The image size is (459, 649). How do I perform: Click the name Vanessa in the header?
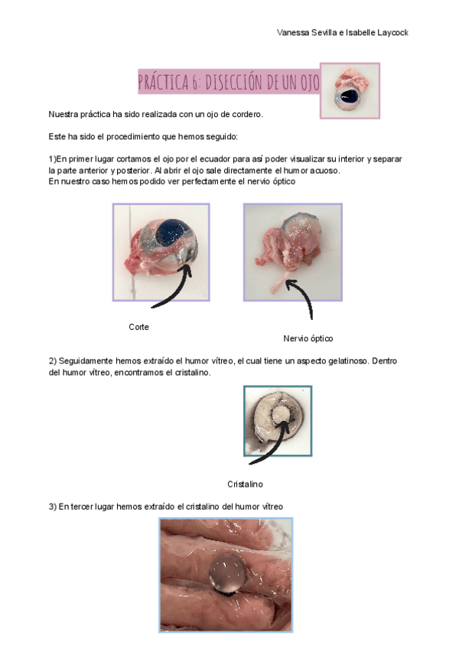point(293,33)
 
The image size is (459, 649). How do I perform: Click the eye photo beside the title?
point(349,91)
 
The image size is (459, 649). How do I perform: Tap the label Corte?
point(138,327)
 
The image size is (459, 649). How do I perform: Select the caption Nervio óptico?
point(308,338)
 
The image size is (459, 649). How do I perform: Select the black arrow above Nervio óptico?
point(303,298)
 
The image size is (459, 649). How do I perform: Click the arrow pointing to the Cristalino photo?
point(268,448)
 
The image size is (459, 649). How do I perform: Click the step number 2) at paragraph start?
point(53,360)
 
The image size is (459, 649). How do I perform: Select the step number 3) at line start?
point(53,506)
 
